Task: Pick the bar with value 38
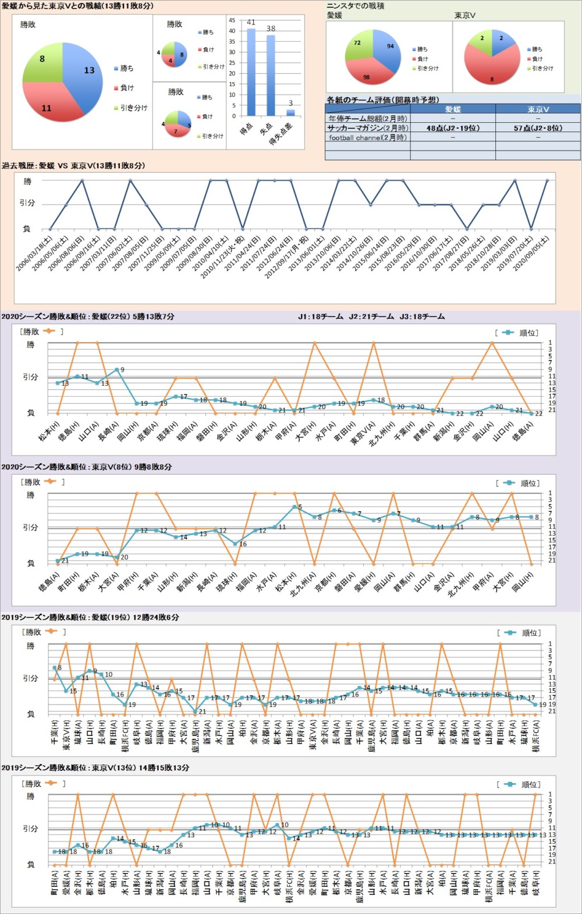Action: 271,75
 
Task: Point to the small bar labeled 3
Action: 290,112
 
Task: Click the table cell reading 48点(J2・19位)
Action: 453,128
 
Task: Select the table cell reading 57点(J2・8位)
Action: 538,128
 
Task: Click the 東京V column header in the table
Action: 538,109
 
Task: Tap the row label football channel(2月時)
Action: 367,138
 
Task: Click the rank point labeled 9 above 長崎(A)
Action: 117,370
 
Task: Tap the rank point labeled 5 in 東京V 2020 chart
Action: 295,507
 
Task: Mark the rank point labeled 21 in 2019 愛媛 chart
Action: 196,711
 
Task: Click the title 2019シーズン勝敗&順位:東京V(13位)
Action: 95,768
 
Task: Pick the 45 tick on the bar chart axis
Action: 232,20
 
